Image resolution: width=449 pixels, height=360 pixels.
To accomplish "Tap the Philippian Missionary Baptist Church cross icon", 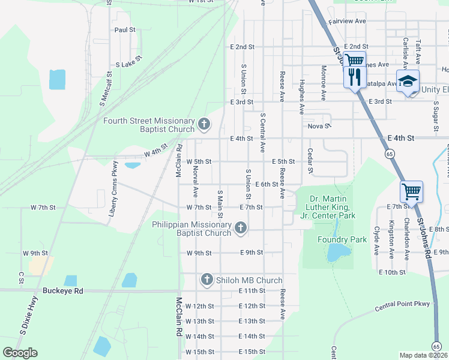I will (241, 227).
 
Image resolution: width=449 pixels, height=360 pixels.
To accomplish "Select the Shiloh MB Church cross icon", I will (207, 280).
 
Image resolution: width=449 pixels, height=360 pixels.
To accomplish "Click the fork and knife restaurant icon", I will (354, 77).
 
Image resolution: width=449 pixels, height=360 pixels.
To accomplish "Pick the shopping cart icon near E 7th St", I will (411, 192).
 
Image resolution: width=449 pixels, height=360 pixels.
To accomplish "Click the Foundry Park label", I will (342, 239).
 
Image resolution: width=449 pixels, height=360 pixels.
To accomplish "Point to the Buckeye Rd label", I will (62, 290).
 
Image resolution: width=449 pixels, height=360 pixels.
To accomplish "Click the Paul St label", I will (125, 29).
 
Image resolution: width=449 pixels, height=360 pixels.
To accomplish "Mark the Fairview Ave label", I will (348, 21).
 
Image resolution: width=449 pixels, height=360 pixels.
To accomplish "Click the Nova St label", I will (319, 126).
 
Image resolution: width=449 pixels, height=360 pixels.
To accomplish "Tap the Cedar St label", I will (310, 161).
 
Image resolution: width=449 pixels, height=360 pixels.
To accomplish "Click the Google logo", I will (20, 353).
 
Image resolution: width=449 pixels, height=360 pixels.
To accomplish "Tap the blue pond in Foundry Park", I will (336, 253).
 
